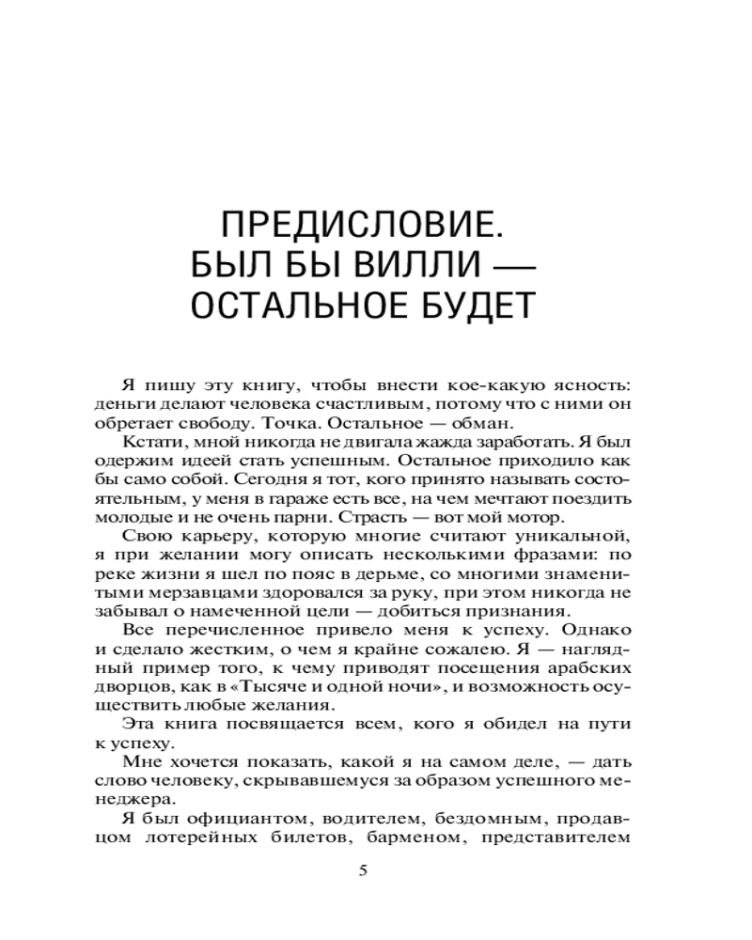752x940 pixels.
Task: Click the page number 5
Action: (x=364, y=869)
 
